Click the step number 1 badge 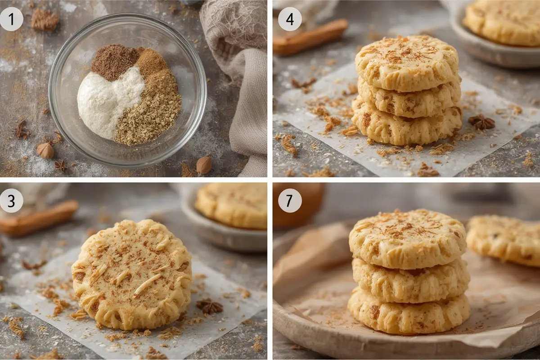[x=11, y=19]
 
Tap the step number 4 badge [x=290, y=19]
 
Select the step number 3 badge [x=11, y=201]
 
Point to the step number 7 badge [x=290, y=201]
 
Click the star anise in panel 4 [x=481, y=122]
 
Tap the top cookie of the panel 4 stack [x=407, y=63]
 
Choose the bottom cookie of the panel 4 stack [x=407, y=126]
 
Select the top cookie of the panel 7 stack [x=407, y=238]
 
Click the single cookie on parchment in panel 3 [x=132, y=274]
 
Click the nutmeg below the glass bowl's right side [x=204, y=165]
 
